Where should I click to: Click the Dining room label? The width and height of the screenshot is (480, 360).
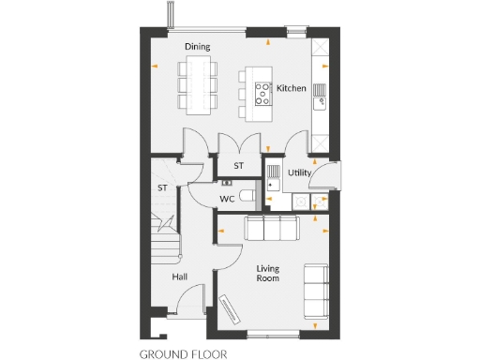197,46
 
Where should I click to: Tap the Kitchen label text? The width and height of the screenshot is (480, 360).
292,88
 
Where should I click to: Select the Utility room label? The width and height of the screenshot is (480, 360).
300,172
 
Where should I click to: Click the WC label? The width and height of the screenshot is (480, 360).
227,199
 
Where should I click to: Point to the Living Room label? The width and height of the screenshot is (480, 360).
269,273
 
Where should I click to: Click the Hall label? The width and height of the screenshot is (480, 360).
181,277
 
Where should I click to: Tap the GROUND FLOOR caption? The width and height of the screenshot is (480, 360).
182,354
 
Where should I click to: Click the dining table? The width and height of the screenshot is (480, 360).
198,82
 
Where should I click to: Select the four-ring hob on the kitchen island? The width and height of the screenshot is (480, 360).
262,91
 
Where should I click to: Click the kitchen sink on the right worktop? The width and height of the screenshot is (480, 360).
320,92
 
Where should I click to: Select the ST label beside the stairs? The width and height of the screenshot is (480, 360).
162,188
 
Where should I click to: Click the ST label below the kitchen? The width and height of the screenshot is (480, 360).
238,166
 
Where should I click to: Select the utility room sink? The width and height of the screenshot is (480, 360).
272,172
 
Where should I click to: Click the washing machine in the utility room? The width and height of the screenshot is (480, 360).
300,202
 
